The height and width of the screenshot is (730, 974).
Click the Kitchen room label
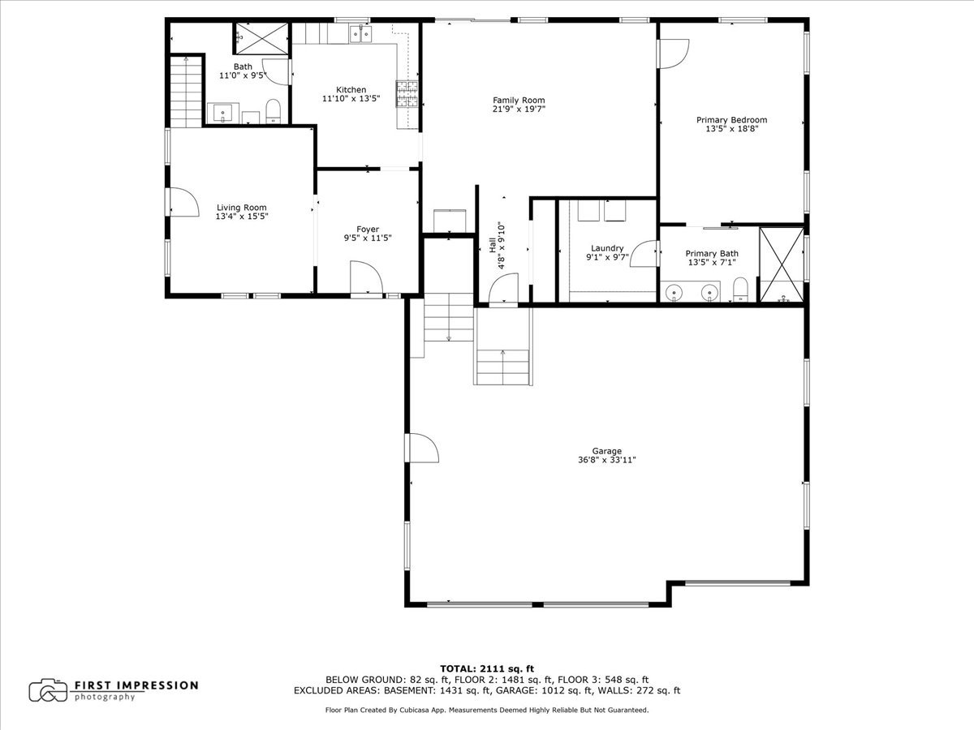351,90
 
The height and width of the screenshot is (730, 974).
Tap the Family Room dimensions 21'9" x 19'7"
519,109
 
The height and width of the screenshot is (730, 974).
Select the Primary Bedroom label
732,120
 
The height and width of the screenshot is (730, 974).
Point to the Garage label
606,451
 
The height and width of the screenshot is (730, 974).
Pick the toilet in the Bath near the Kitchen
273,111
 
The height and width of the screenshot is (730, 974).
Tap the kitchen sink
360,34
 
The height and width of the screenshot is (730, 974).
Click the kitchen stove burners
407,94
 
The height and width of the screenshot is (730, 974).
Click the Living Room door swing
184,202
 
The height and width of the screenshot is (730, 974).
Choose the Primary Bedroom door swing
674,54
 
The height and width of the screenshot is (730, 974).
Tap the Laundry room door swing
644,254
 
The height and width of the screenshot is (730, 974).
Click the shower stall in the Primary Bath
782,265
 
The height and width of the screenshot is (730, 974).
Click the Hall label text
493,245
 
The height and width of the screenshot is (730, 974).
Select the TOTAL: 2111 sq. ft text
487,668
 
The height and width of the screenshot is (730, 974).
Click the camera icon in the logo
48,690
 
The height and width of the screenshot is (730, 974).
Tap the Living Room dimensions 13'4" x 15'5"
242,217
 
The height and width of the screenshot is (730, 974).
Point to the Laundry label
607,248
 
